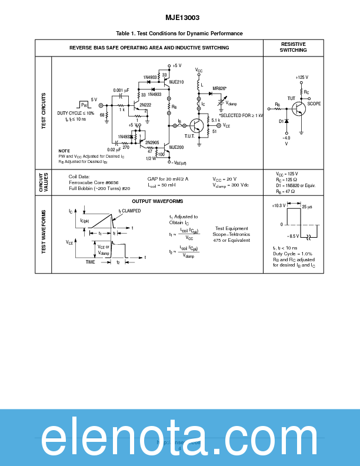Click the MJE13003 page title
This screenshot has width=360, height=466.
[180, 18]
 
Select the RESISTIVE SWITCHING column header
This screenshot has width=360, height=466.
[293, 47]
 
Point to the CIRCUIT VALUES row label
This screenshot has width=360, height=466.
[44, 182]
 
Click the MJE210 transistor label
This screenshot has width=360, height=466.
[176, 82]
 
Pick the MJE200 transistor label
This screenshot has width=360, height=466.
[177, 147]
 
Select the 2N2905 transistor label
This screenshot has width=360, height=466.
[152, 142]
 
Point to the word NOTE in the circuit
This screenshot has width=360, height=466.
[64, 151]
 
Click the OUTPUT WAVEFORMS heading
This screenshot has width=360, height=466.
[157, 201]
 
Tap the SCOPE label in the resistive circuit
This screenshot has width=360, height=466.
[315, 103]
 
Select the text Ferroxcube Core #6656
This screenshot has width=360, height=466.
[94, 182]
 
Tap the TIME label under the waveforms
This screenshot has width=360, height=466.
[91, 262]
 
